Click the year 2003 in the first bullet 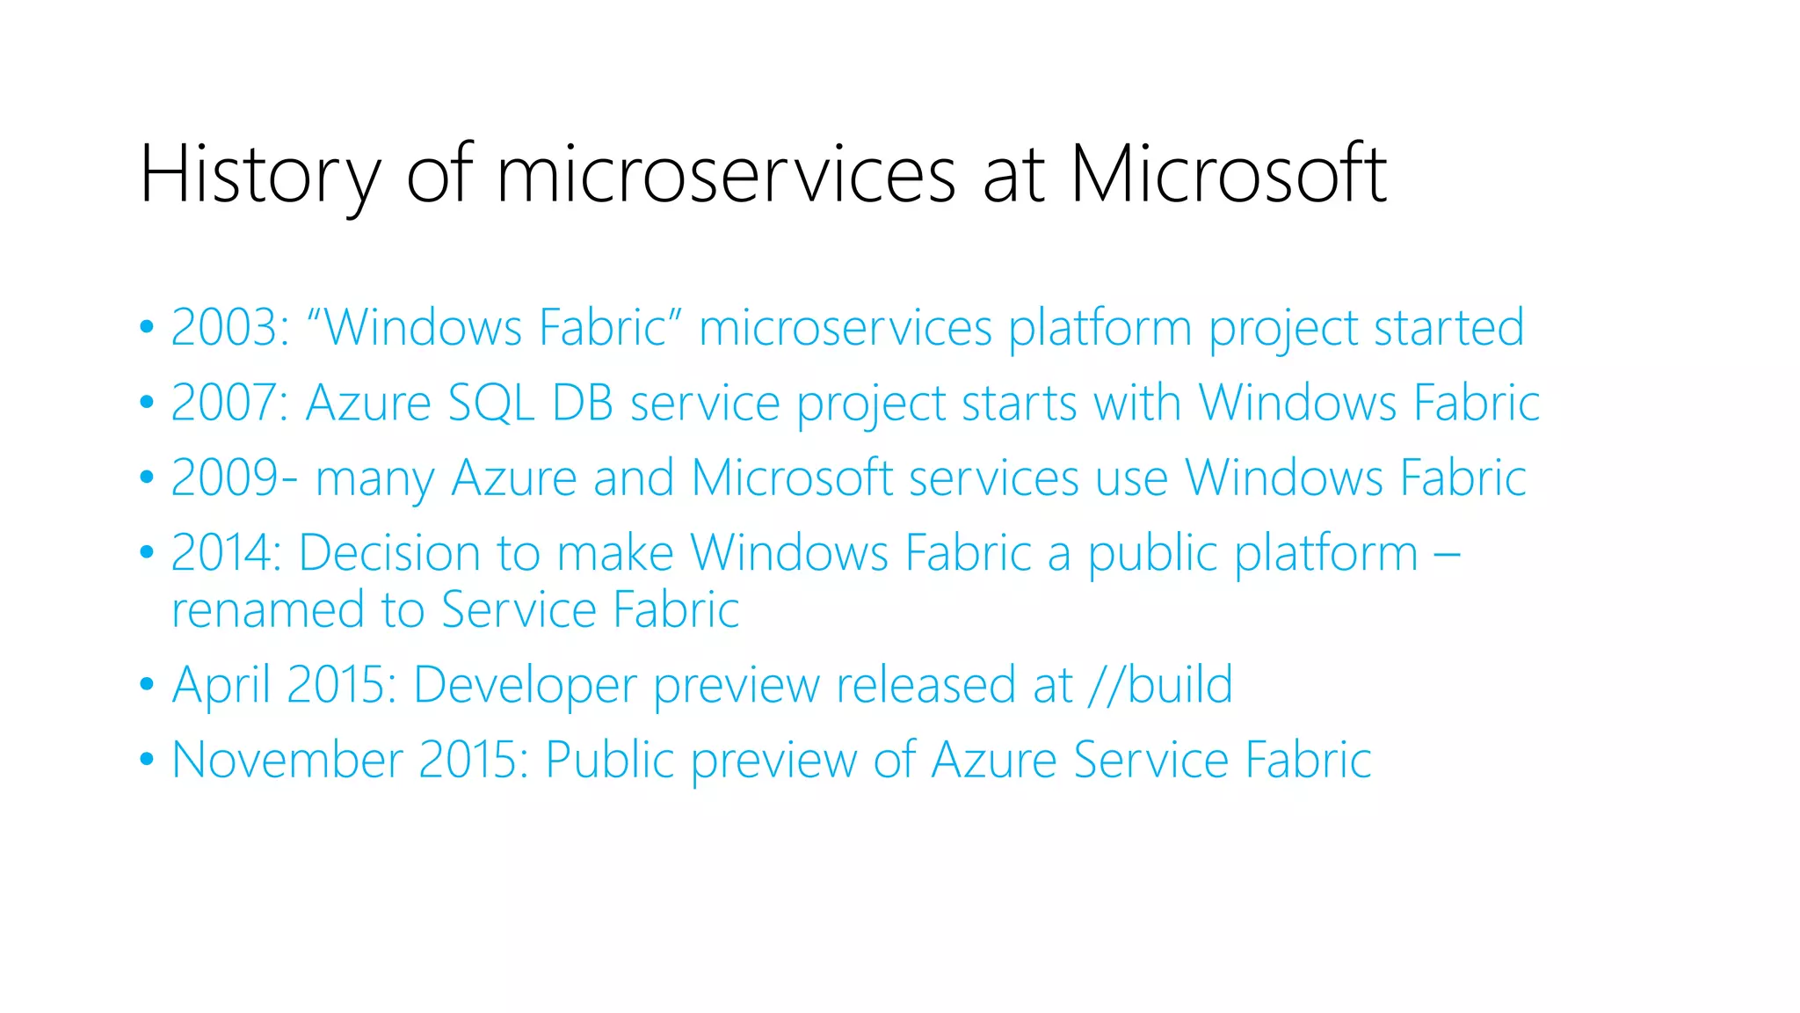[224, 328]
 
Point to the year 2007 [224, 404]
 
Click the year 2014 [224, 553]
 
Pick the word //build [1160, 686]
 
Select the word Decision [388, 553]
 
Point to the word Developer [525, 686]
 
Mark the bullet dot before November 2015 [147, 758]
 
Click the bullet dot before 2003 [147, 327]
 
